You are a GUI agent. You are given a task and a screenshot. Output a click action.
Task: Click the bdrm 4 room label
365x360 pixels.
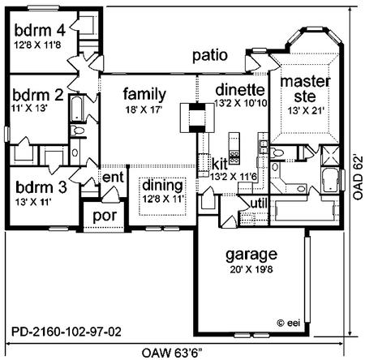pos(40,30)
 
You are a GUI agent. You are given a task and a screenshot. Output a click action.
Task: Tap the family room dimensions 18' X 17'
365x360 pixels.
pos(144,109)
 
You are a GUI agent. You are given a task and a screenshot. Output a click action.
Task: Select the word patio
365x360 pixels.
pos(210,56)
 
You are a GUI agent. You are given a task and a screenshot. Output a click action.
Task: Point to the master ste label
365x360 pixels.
pos(305,89)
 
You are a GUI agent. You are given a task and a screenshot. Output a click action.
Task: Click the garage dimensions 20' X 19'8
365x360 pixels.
pos(251,269)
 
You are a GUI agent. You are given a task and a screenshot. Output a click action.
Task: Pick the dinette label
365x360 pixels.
pos(240,90)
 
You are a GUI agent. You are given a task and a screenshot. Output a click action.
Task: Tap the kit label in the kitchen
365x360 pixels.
pos(220,164)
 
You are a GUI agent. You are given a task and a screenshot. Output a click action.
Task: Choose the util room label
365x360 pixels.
pos(259,204)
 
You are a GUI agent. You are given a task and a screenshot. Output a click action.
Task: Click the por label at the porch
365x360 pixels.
pos(105,216)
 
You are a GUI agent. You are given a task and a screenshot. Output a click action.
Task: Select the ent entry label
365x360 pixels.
pos(113,178)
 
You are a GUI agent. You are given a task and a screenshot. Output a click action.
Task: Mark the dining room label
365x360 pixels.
pos(162,186)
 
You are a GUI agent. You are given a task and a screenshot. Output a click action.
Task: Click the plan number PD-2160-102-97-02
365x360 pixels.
pos(67,332)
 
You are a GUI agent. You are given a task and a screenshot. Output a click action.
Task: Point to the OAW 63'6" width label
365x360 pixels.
pos(172,353)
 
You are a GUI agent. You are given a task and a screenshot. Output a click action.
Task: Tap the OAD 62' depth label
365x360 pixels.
pos(358,177)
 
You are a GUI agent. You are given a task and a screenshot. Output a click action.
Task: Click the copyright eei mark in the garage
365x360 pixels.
pos(289,323)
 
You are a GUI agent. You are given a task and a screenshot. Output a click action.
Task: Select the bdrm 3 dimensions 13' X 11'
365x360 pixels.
pos(33,202)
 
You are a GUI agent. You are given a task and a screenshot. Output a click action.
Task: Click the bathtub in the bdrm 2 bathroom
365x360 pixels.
pos(77,108)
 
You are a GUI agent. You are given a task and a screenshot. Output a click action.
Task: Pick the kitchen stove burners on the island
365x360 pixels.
pos(234,157)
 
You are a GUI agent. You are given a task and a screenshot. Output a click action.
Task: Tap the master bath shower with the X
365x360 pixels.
pos(329,155)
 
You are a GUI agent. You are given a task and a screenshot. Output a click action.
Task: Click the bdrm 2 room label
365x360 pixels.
pos(38,95)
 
